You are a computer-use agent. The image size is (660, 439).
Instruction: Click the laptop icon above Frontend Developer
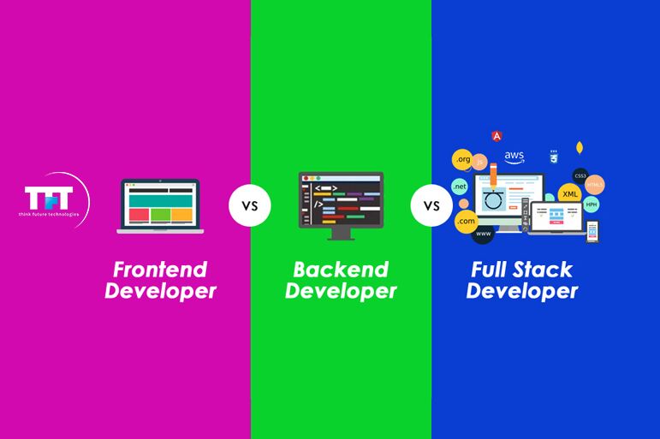[160, 206]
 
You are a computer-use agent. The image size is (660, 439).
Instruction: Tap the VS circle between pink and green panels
[249, 206]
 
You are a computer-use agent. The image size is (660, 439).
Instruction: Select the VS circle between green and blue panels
[431, 206]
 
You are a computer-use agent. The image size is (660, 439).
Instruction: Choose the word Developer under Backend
[341, 292]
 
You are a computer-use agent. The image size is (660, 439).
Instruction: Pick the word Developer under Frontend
[160, 292]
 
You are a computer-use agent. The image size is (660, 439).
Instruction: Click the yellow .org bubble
[463, 159]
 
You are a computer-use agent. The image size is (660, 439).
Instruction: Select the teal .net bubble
[460, 187]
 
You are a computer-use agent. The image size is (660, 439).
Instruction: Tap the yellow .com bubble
[466, 222]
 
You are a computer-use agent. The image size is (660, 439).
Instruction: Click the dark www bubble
[484, 233]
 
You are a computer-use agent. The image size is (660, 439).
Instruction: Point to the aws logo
[514, 157]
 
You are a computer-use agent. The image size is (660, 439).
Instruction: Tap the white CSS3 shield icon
[554, 157]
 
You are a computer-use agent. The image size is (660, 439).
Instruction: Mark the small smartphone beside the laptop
[592, 230]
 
